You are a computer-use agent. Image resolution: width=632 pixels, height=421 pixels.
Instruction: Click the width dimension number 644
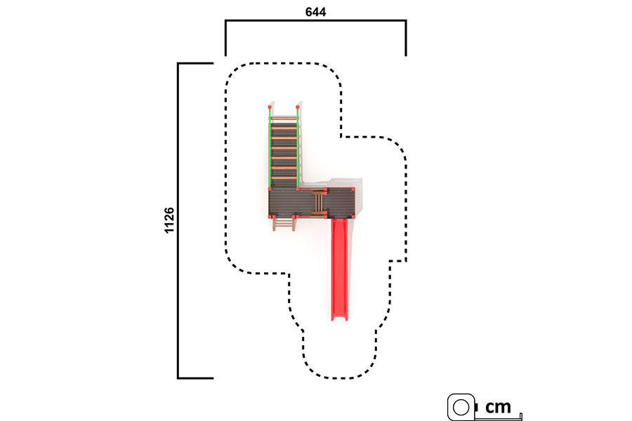[x=315, y=12]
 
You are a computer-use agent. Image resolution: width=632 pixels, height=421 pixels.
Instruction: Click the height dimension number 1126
[x=169, y=220]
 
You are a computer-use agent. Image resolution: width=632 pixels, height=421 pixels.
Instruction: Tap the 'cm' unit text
[x=498, y=407]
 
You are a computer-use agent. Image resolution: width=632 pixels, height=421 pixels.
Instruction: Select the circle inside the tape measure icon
[x=461, y=407]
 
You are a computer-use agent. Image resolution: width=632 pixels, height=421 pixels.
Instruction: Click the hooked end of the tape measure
[x=521, y=417]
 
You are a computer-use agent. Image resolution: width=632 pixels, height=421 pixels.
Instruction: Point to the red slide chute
[x=339, y=269]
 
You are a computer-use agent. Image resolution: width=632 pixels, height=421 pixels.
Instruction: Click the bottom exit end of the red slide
[x=339, y=319]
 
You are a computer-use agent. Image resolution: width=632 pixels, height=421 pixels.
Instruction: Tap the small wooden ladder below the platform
[x=284, y=224]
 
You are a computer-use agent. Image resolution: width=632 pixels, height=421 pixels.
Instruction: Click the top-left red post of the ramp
[x=270, y=107]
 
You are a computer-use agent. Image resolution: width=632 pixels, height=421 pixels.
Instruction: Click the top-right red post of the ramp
[x=298, y=107]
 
